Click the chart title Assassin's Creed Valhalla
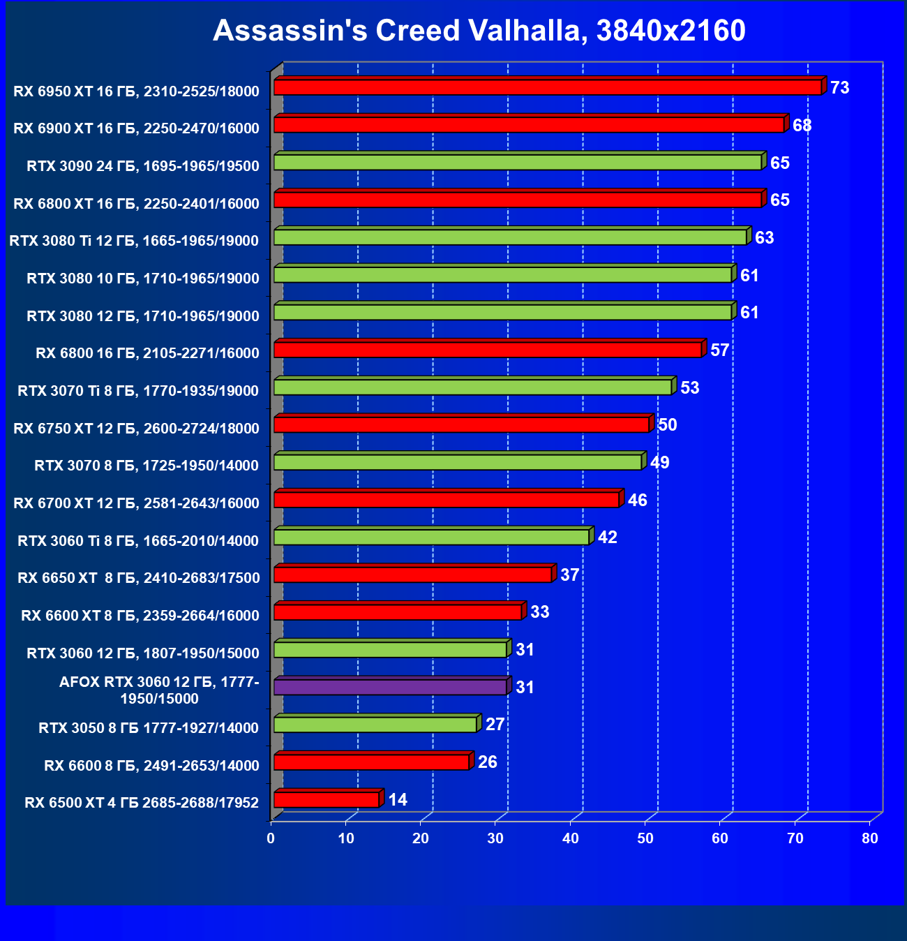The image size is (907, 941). (x=479, y=31)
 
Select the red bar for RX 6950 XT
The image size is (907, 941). (x=548, y=88)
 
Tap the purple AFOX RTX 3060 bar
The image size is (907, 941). (x=390, y=688)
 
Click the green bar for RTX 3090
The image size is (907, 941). (x=518, y=163)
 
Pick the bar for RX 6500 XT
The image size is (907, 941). (x=327, y=800)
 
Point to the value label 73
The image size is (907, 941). (x=840, y=88)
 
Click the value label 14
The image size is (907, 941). (x=398, y=800)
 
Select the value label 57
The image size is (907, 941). (x=719, y=350)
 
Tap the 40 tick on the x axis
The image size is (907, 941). (x=571, y=838)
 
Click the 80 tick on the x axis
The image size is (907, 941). (x=870, y=838)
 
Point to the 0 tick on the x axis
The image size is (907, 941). (x=271, y=838)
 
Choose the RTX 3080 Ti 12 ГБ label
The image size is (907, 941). (x=134, y=241)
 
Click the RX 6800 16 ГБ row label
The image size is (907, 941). (x=147, y=353)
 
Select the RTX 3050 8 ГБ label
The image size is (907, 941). (x=149, y=728)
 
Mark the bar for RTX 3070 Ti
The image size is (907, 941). (x=472, y=387)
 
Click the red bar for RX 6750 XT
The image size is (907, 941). (x=461, y=425)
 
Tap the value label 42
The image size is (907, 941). (x=608, y=538)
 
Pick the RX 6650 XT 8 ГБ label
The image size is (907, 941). (x=138, y=578)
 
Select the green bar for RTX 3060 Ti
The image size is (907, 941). (x=431, y=538)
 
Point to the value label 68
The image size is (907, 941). (x=802, y=126)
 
